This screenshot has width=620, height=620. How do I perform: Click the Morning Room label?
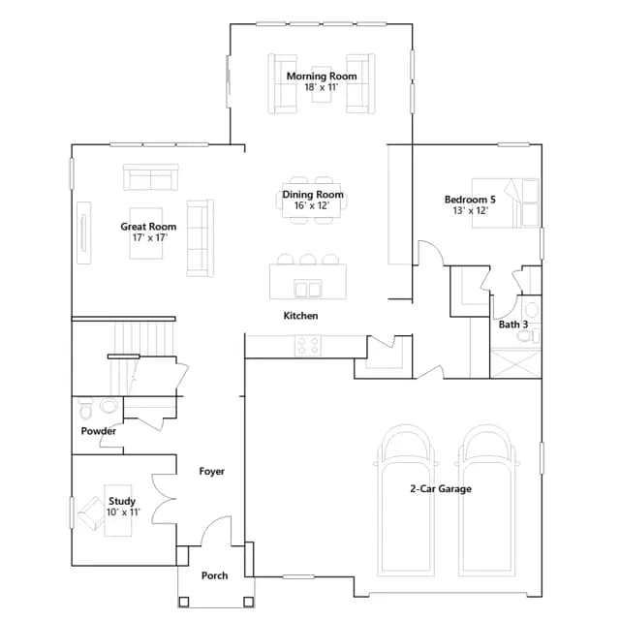[x=322, y=76]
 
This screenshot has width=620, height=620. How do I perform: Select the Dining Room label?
[x=312, y=195]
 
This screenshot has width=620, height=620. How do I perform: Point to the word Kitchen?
[x=300, y=316]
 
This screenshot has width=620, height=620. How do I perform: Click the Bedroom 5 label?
[x=470, y=200]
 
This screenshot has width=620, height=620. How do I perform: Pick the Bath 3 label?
[x=513, y=325]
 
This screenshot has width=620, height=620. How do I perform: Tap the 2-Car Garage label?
[x=441, y=489]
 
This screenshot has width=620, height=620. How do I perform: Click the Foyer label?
[x=211, y=472]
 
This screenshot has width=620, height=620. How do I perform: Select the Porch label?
[x=214, y=575]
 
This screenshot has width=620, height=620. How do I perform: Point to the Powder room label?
[x=99, y=431]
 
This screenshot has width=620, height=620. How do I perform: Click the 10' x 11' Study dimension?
[x=123, y=512]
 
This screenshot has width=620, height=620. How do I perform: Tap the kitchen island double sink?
[x=308, y=288]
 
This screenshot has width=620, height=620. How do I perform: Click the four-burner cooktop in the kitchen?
[x=308, y=346]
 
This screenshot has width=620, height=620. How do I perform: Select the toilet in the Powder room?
[x=85, y=409]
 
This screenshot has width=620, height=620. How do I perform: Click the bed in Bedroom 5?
[x=506, y=202]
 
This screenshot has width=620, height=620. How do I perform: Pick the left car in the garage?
[x=406, y=500]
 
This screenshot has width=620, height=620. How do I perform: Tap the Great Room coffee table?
[x=146, y=233]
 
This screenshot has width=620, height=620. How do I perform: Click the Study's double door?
[x=164, y=499]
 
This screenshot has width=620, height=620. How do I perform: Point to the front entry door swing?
[x=216, y=530]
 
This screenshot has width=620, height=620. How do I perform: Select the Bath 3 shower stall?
[x=515, y=363]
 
